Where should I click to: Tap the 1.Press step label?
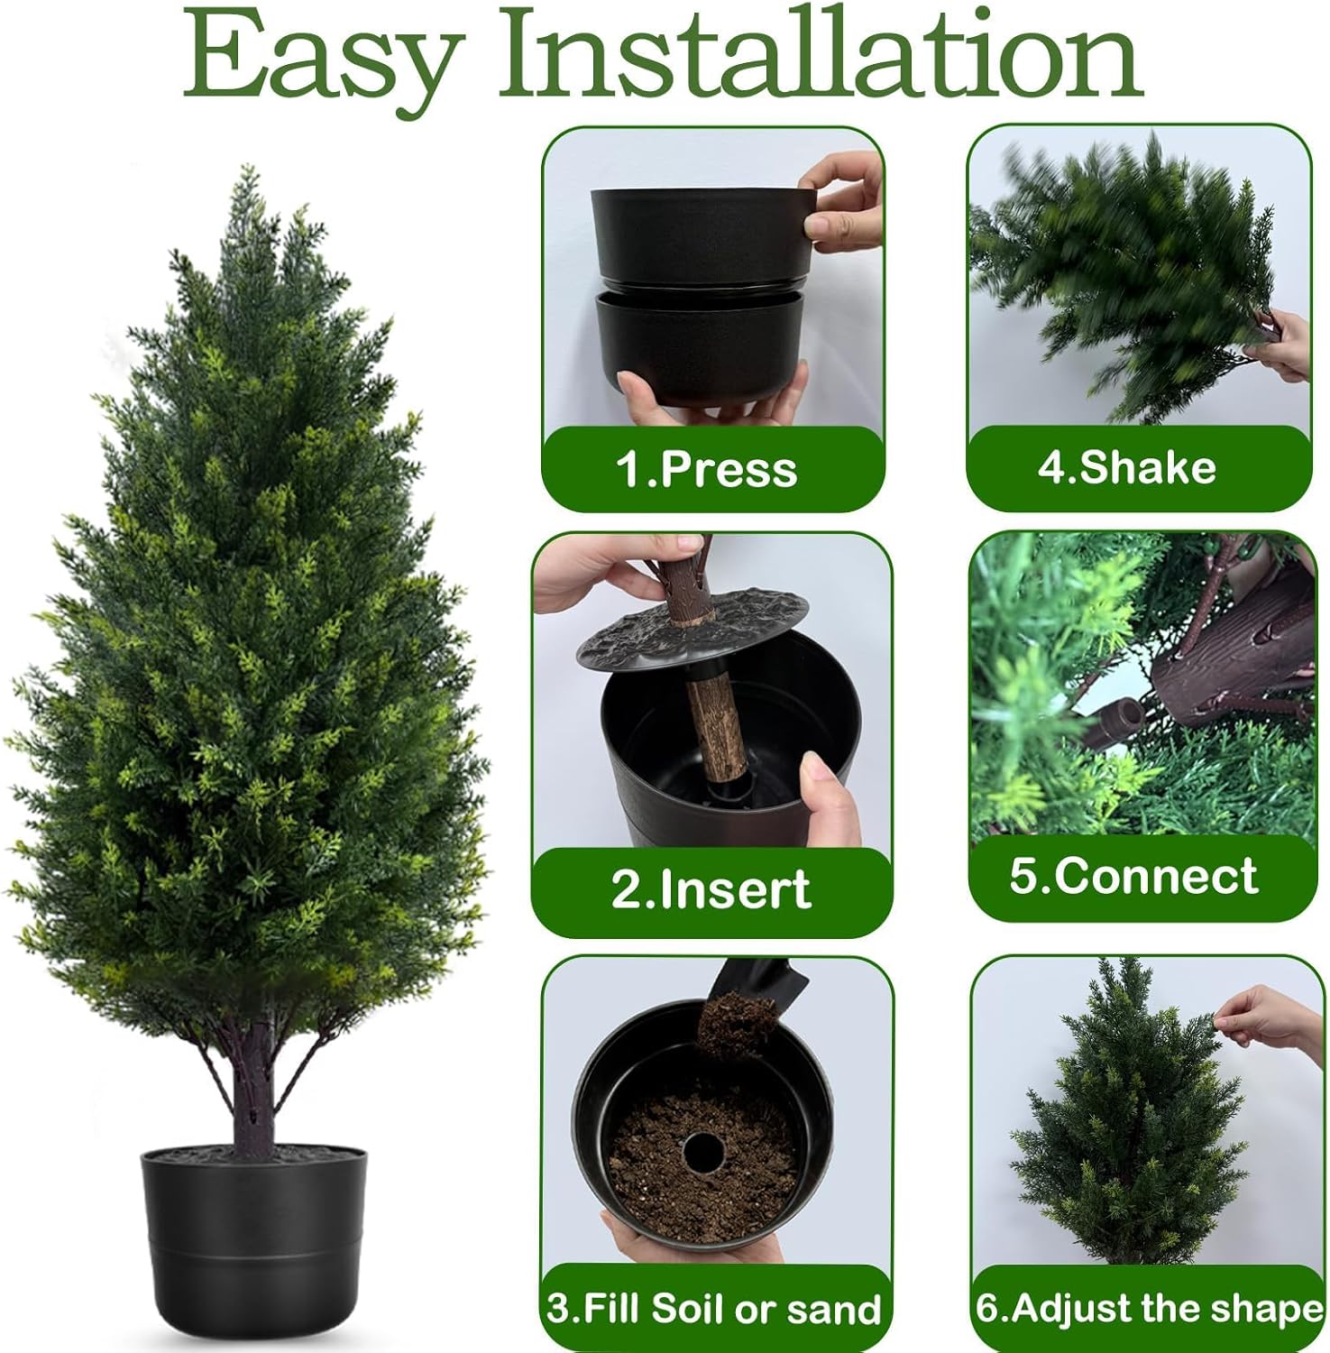[707, 470]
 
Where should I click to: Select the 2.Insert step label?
[711, 889]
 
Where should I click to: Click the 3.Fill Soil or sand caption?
[714, 1309]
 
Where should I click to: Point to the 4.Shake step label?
[1127, 467]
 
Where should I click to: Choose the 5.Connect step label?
[1133, 876]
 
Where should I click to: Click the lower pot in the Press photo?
[699, 347]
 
